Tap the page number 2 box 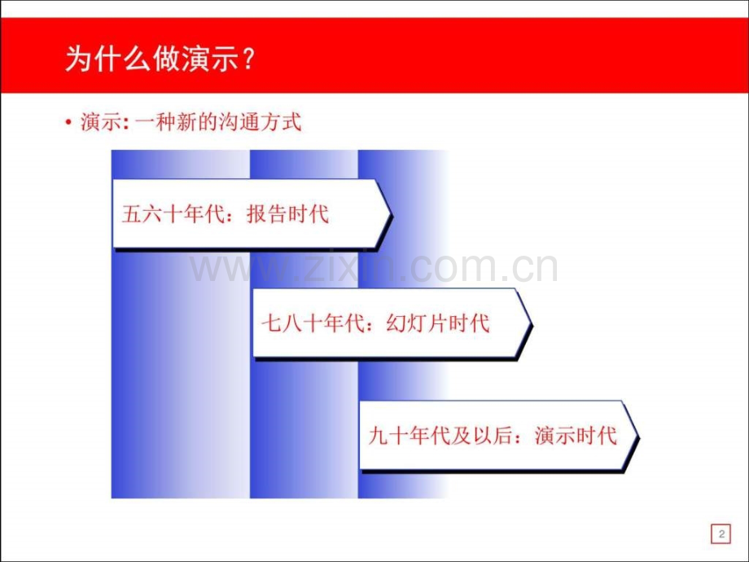pos(720,534)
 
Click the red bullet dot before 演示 pos(69,124)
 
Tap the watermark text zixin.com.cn pos(374,267)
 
